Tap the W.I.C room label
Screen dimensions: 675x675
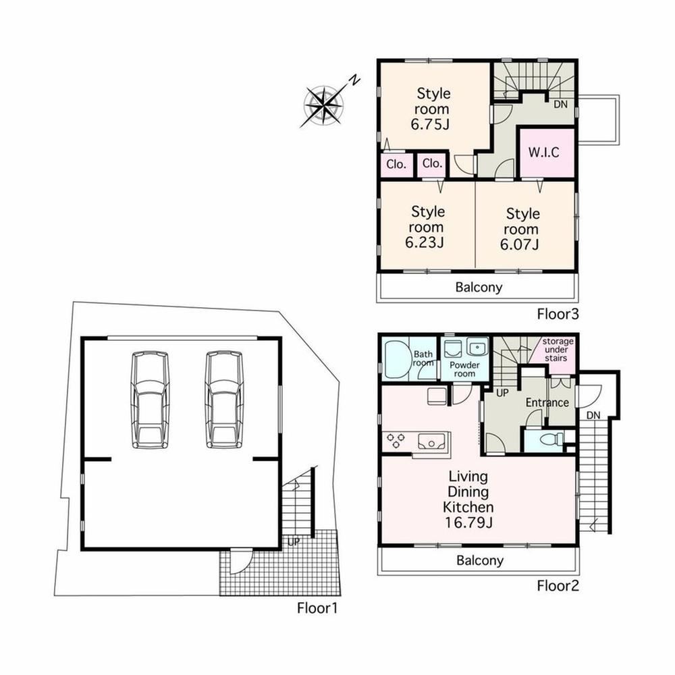[543, 153]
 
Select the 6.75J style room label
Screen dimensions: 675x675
[431, 109]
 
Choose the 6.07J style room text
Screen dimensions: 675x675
[520, 229]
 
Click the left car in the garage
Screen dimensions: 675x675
[150, 400]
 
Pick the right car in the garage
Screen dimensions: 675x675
[224, 400]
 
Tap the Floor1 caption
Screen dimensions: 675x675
[317, 608]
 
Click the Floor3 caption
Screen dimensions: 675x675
[558, 314]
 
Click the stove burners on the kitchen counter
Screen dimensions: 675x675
[396, 441]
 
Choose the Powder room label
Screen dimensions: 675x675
[464, 369]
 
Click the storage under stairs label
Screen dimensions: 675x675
[558, 350]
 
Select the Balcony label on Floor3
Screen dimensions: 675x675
[479, 287]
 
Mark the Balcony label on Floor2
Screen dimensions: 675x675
[479, 560]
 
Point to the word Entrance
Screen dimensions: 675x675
[547, 402]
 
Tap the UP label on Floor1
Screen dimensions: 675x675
[293, 541]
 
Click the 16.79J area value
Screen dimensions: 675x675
[468, 522]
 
